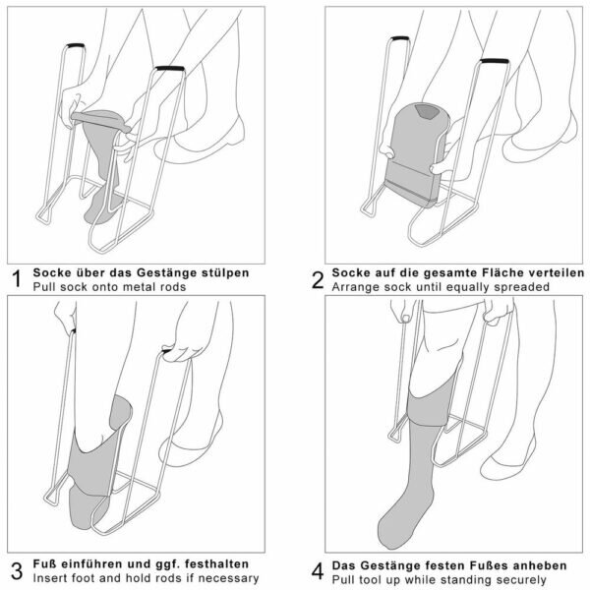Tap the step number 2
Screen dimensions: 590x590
click(x=317, y=279)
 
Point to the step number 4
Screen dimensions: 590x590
click(x=317, y=570)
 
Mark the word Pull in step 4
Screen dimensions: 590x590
click(x=344, y=578)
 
